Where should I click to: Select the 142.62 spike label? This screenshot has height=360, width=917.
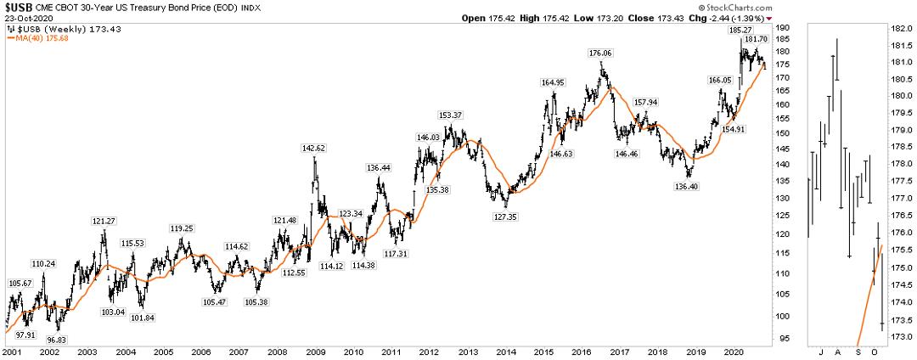point(314,148)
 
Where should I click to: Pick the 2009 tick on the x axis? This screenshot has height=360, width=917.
point(312,351)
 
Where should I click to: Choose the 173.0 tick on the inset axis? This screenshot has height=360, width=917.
point(901,337)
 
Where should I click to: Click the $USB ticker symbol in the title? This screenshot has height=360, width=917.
point(19,7)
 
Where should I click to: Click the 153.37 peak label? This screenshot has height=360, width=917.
point(451,115)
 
